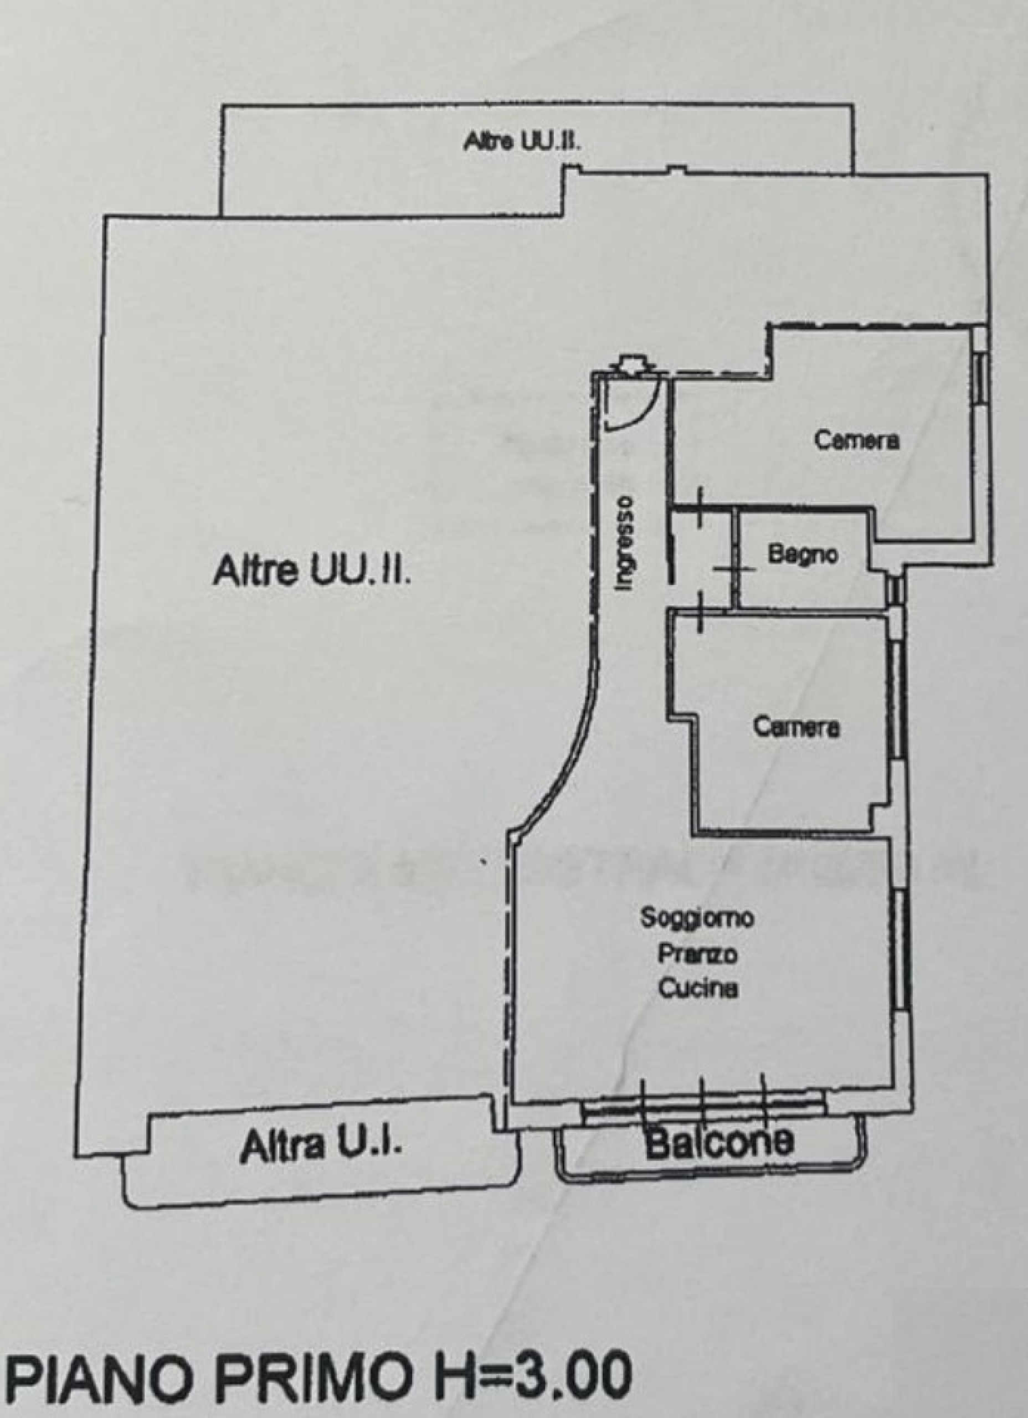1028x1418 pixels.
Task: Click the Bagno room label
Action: (x=804, y=554)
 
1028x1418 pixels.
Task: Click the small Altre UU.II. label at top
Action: (x=523, y=142)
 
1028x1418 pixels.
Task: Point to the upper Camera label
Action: (x=856, y=440)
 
